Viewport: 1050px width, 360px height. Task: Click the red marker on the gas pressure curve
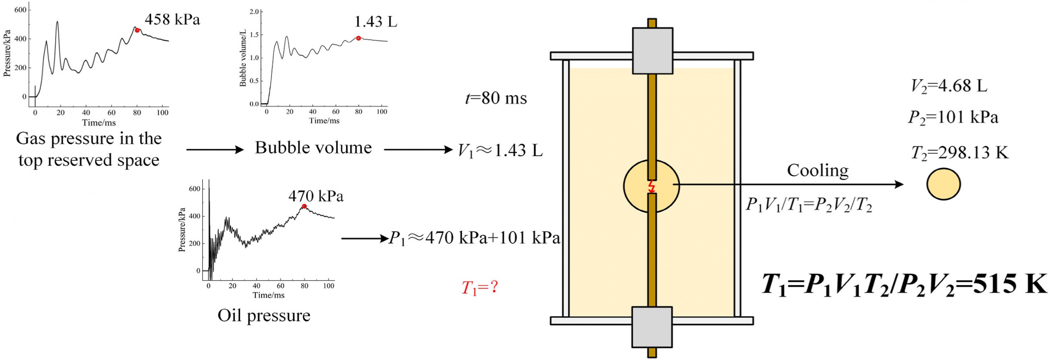(x=137, y=30)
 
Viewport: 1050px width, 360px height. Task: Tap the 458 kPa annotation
(x=172, y=19)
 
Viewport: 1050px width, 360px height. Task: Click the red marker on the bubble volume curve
(x=358, y=38)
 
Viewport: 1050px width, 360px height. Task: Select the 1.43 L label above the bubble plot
(x=375, y=21)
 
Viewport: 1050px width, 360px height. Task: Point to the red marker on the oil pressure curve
(x=304, y=206)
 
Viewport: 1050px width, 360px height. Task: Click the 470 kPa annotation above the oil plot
(x=316, y=196)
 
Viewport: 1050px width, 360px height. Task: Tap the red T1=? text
(x=480, y=288)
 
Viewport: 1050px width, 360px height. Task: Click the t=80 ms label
(x=496, y=98)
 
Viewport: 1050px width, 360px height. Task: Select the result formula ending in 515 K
(x=904, y=285)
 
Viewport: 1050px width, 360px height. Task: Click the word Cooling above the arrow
(x=817, y=171)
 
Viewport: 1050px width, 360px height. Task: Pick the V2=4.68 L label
(x=949, y=86)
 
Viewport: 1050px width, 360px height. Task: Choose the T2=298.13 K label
(x=960, y=153)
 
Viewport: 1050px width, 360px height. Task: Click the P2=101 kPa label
(x=953, y=118)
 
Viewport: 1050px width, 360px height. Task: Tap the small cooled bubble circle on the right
(x=943, y=184)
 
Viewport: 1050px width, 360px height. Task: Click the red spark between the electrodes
(x=651, y=187)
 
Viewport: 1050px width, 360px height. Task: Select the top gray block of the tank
(x=652, y=51)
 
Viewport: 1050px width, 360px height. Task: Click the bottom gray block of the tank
(x=652, y=327)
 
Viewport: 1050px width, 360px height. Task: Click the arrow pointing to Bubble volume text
(x=215, y=150)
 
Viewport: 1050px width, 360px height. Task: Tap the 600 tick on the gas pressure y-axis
(x=20, y=10)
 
